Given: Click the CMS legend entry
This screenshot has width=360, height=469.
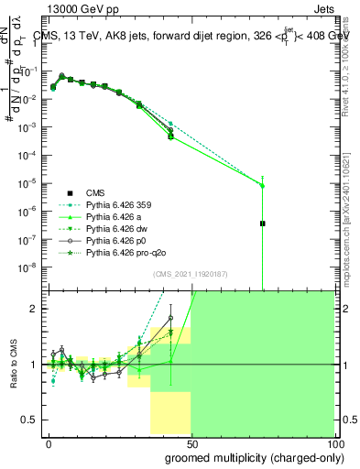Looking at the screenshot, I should (x=95, y=192).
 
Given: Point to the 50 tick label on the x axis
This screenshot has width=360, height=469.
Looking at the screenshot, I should (x=191, y=442).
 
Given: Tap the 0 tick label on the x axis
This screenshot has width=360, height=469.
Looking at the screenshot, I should (x=49, y=442).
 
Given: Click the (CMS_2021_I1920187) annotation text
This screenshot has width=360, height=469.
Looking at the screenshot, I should (x=190, y=274).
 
